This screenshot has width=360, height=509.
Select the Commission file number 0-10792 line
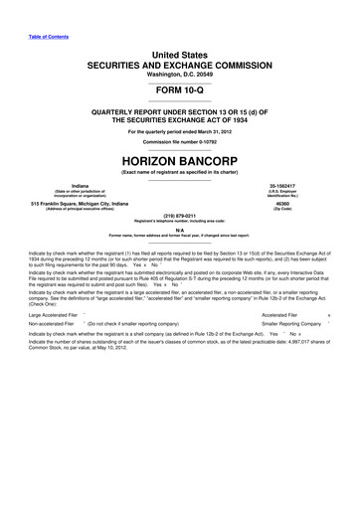[x=180, y=140]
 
